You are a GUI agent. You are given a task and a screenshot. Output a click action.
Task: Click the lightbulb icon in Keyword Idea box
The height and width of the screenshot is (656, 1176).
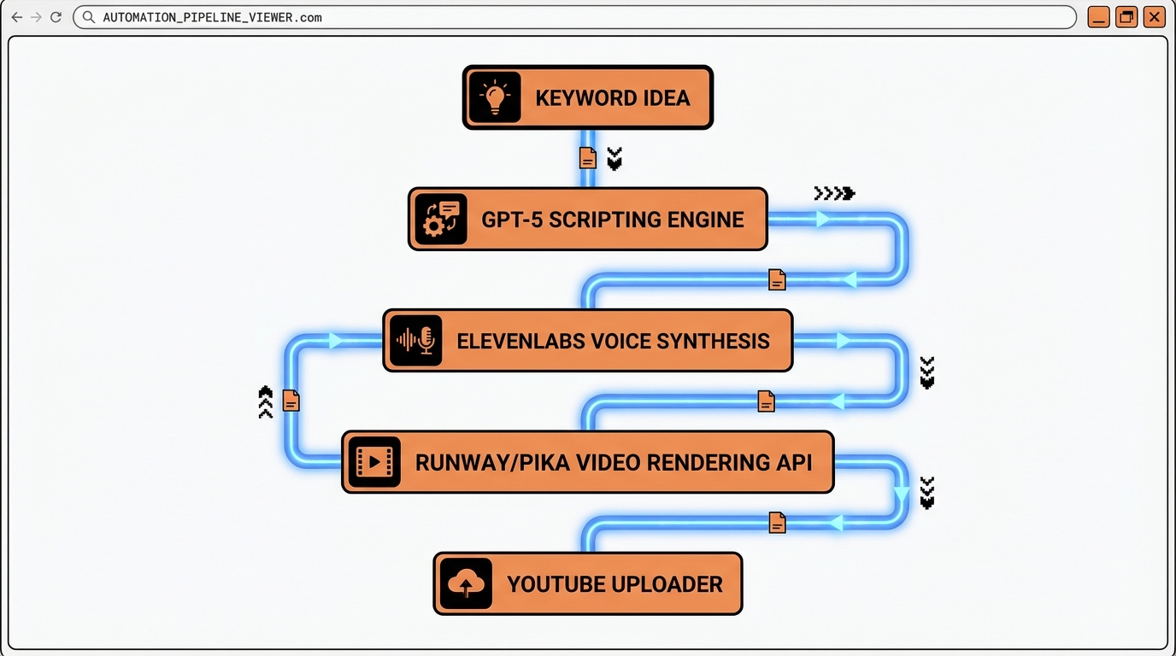495,97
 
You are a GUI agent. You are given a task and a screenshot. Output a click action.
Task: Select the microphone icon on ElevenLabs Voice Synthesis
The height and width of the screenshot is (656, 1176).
416,341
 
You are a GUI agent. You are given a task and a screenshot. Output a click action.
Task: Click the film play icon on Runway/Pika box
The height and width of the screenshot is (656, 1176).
374,462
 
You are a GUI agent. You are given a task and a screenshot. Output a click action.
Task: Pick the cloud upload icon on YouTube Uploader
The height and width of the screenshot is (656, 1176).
466,584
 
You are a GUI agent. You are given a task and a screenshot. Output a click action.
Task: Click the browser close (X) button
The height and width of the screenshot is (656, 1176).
1154,17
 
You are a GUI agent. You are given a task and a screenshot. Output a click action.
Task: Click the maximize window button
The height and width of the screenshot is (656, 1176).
1126,17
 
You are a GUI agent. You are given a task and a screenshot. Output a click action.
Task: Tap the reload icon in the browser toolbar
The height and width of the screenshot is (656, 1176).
56,17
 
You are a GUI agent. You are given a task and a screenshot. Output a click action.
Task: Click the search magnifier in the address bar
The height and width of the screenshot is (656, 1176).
88,17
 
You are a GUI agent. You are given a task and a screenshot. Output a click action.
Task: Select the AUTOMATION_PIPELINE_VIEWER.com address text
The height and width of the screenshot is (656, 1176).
212,17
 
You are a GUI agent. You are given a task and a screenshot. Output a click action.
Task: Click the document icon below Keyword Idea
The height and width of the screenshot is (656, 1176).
587,158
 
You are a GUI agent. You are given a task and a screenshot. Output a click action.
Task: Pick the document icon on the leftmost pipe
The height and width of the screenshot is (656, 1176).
291,401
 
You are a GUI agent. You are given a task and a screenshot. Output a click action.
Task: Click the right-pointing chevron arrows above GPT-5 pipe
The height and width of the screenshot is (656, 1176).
834,194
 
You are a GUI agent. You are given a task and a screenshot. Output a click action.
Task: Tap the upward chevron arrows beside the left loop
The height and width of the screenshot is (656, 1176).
265,401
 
